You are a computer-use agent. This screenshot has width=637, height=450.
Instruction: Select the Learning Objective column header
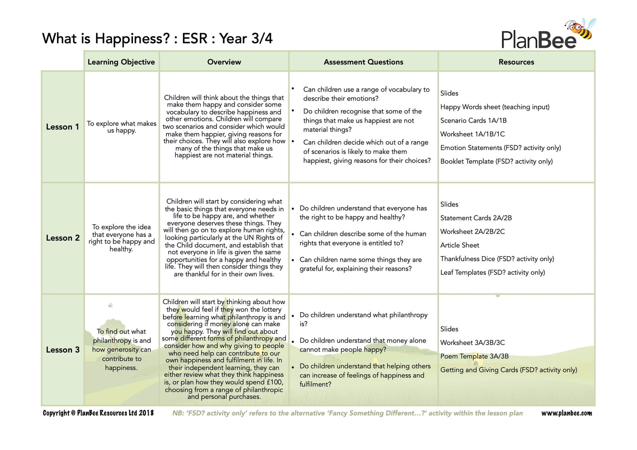121,62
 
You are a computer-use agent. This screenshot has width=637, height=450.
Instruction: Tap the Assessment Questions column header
363,62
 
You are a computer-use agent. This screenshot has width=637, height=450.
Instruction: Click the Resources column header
516,62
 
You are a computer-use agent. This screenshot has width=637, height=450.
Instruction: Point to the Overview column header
224,62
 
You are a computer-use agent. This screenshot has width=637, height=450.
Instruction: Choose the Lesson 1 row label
62,127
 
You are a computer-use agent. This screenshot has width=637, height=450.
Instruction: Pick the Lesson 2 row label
62,238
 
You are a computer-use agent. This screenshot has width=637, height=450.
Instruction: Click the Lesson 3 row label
62,350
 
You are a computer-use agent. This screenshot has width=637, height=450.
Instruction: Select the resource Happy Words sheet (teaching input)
495,107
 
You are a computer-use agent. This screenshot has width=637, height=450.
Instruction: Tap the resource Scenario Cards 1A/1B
473,120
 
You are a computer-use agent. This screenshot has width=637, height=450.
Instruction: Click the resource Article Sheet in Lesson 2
459,245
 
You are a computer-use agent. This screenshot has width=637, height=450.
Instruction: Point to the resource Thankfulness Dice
497,259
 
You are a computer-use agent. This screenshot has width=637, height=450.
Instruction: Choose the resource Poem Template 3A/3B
474,356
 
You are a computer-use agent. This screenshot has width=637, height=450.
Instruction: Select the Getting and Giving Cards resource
508,370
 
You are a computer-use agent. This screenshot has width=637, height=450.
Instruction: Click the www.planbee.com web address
566,413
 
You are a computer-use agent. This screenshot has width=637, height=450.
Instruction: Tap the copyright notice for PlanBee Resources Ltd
98,413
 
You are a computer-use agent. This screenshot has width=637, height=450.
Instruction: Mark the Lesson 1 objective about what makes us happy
121,127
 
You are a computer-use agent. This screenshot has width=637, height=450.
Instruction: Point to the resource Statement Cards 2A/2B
476,218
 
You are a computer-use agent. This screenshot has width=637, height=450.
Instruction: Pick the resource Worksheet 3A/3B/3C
472,343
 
